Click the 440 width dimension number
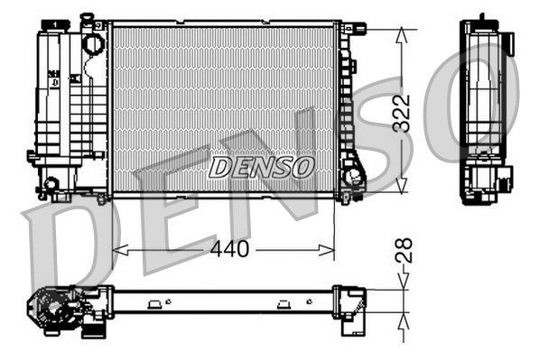tap(230, 249)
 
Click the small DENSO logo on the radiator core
tap(262, 167)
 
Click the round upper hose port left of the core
tap(93, 42)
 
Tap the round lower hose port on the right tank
tap(353, 175)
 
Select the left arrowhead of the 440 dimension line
tap(118, 249)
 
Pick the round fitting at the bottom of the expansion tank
tap(51, 184)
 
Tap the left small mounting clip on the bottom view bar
tap(156, 301)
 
